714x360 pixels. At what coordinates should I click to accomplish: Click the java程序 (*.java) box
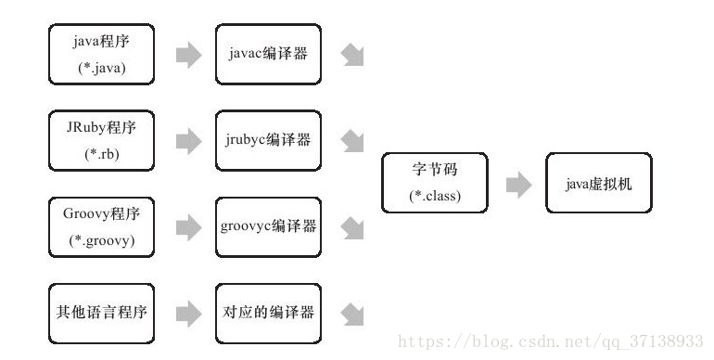(101, 55)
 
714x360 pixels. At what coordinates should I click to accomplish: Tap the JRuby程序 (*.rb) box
(101, 140)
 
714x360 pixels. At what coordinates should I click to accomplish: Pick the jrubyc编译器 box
(269, 140)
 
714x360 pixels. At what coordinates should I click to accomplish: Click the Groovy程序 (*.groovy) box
(101, 226)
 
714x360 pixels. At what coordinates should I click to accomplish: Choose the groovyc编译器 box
(269, 226)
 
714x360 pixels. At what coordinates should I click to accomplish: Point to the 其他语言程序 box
(101, 313)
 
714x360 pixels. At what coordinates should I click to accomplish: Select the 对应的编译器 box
(269, 313)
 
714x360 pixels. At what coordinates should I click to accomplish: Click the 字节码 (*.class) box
(434, 184)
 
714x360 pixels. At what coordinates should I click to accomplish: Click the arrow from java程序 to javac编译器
(188, 55)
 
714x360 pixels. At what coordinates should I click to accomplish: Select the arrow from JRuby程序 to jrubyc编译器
(188, 141)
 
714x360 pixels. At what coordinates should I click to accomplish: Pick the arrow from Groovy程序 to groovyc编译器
(188, 227)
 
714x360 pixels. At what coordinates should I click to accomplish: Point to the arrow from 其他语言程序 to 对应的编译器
(188, 314)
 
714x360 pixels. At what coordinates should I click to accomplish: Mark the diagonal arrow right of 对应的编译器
(352, 314)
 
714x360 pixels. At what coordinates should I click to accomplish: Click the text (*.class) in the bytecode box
(434, 197)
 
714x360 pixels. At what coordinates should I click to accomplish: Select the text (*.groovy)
(101, 240)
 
